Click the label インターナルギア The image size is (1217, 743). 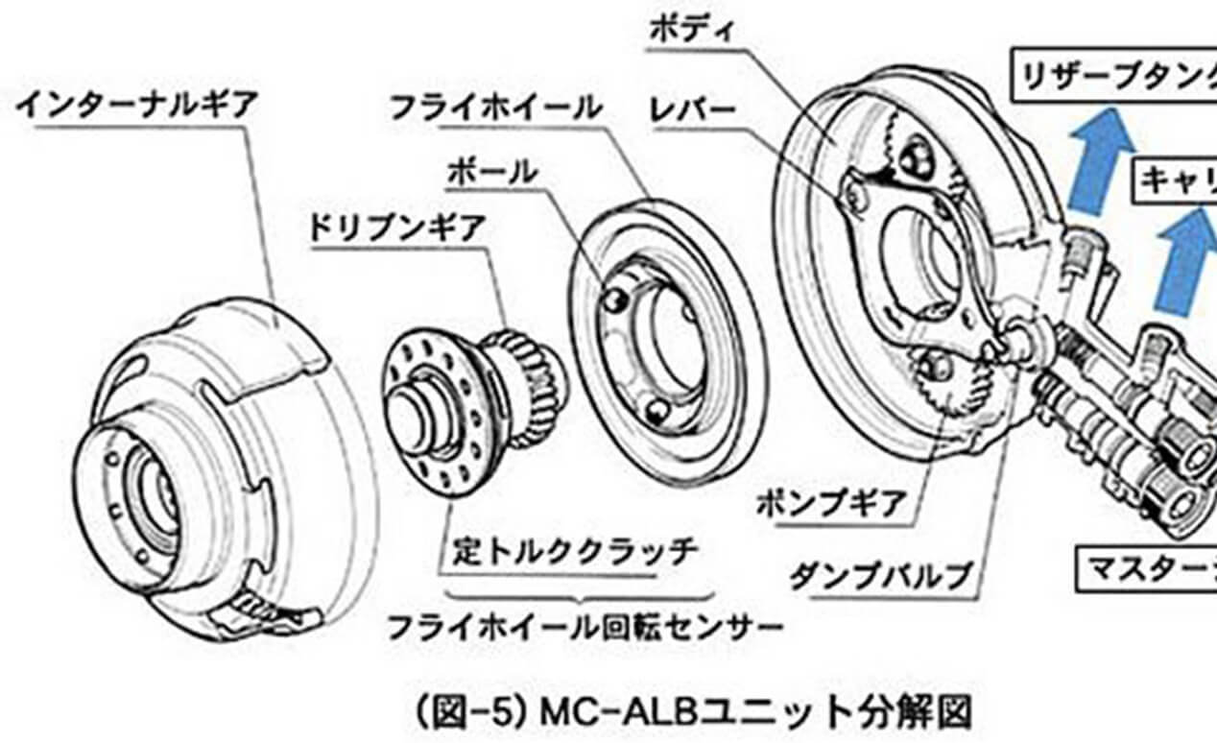coord(136,105)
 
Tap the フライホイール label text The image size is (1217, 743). coord(496,107)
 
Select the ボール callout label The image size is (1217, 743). coord(491,172)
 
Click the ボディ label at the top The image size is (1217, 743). coord(691,29)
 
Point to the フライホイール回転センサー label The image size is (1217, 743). coord(584,629)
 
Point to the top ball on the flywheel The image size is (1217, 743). coord(615,300)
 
